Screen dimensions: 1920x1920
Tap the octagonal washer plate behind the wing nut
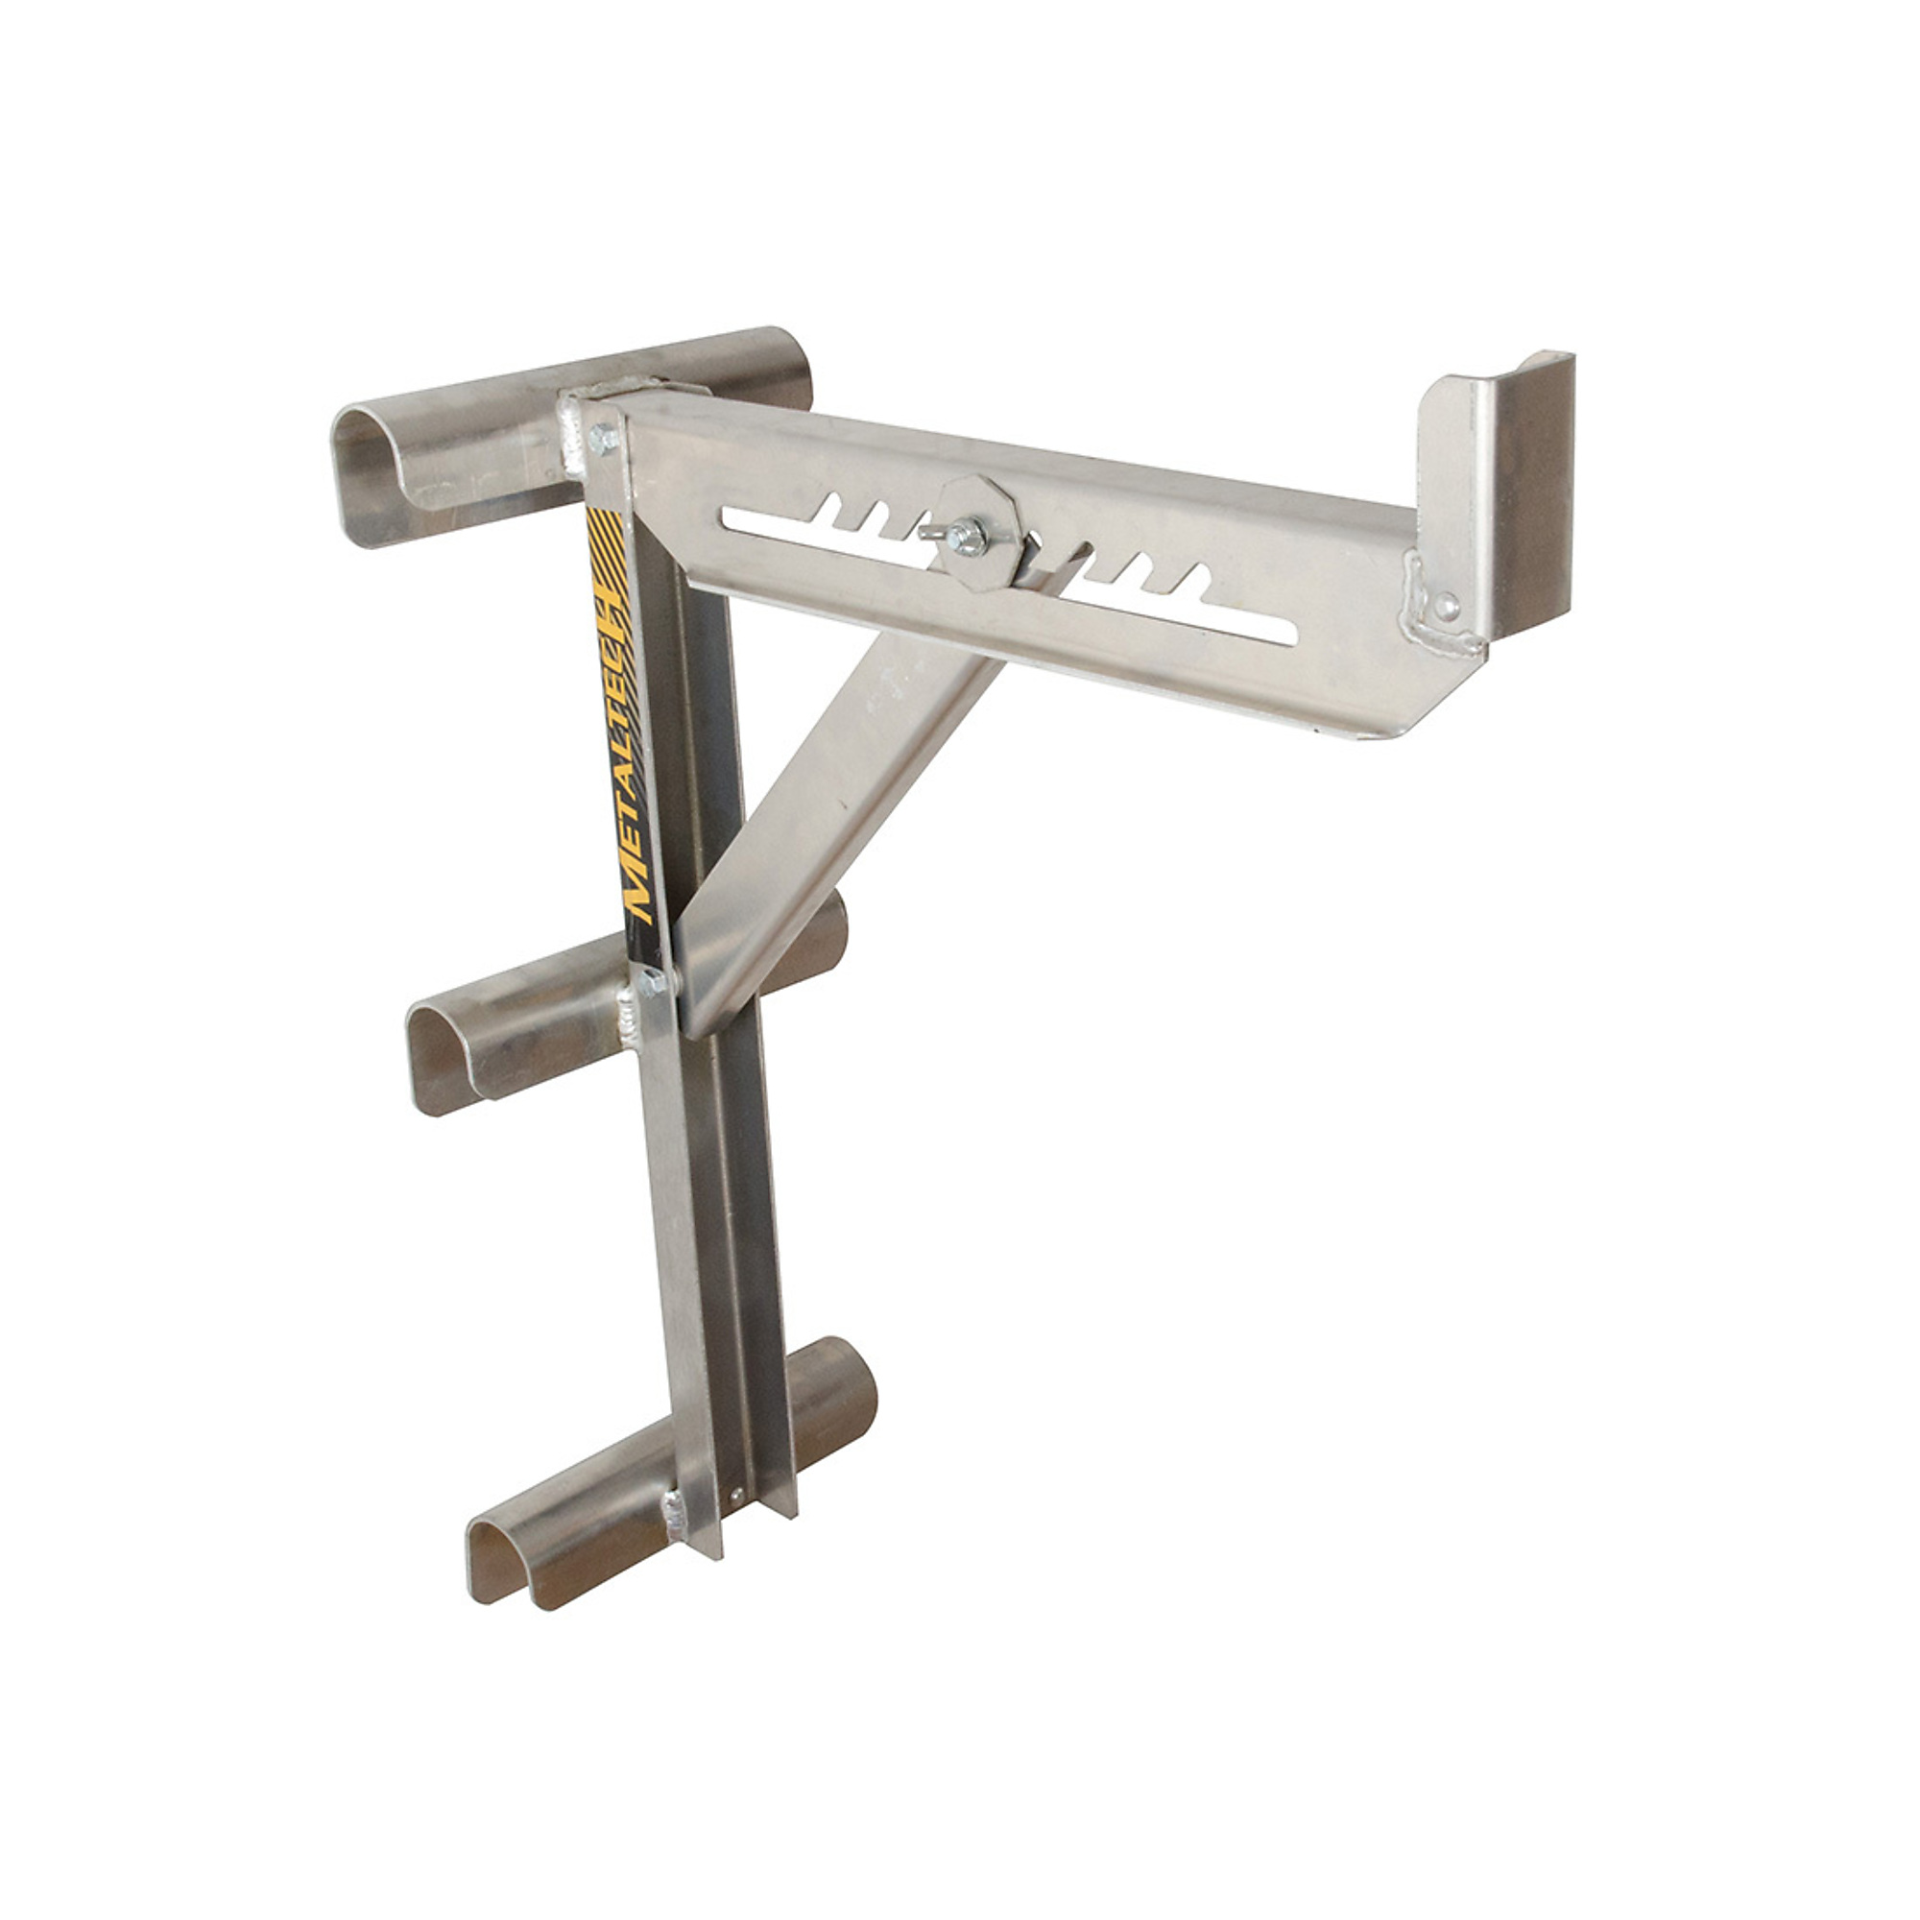[x=978, y=534]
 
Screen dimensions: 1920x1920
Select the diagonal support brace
[x=845, y=795]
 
